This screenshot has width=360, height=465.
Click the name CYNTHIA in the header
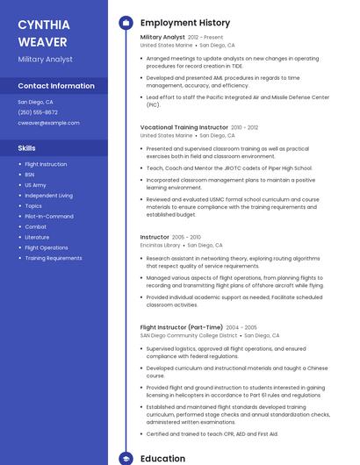click(44, 25)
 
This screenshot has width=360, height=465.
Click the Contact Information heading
click(56, 86)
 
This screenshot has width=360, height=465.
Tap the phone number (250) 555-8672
click(38, 112)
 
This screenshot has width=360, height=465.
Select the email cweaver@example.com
click(48, 123)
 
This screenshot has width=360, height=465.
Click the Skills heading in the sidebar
click(26, 148)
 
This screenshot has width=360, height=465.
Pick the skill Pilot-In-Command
click(49, 216)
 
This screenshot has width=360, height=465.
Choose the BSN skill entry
click(30, 175)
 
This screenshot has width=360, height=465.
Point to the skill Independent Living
click(48, 195)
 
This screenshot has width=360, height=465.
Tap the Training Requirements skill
click(54, 258)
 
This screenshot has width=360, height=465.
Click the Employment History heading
click(185, 23)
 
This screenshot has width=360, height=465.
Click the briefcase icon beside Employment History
click(126, 23)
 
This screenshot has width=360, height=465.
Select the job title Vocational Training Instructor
click(184, 127)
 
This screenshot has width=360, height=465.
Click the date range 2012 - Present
click(205, 38)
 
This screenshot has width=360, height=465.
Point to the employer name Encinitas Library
click(160, 246)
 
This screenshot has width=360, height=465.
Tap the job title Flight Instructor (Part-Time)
click(181, 327)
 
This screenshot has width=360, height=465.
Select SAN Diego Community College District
click(189, 335)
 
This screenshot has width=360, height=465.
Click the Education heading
click(162, 458)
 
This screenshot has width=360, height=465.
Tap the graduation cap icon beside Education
click(126, 458)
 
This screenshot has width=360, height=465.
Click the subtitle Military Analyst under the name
click(45, 59)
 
